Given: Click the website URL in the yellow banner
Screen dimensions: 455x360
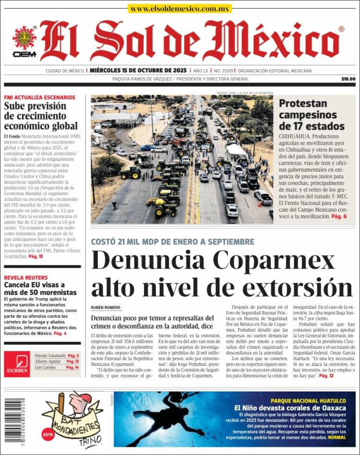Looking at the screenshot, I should tap(180, 9).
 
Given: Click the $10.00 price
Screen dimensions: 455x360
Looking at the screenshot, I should tap(348, 79).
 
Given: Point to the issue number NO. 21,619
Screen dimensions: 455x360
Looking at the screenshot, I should tap(220, 71).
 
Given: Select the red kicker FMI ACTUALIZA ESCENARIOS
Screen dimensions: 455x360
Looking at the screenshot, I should tap(39, 97).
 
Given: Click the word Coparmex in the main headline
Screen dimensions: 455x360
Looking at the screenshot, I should tap(274, 261).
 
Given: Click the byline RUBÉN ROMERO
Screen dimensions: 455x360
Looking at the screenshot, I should tap(106, 308).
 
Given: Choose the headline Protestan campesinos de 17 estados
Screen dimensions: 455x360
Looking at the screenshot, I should tap(312, 115).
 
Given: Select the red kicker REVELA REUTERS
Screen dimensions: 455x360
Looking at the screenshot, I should tap(26, 278).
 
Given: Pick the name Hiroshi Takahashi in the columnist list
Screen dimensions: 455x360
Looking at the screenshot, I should tap(50, 356).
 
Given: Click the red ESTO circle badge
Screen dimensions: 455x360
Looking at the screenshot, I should tap(48, 434).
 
